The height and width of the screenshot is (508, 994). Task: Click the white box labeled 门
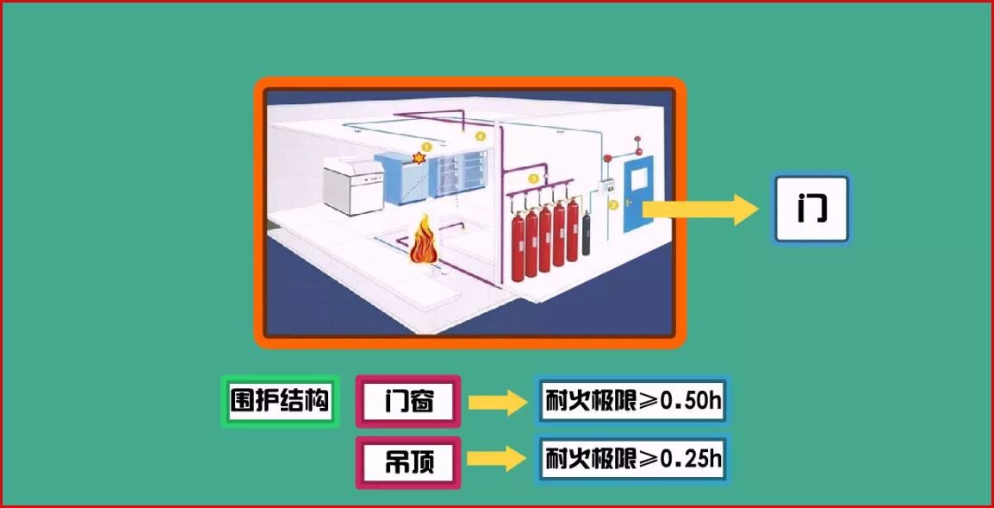[x=811, y=209]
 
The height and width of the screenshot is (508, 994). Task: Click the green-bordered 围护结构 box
[x=279, y=401]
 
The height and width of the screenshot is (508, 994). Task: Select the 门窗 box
[x=408, y=401]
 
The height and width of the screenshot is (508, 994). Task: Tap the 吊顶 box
[x=408, y=462]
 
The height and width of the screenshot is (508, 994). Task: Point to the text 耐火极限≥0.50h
[x=632, y=400]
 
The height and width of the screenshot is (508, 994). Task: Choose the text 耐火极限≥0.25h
[x=632, y=460]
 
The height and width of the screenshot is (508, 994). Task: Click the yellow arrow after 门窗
[x=497, y=402]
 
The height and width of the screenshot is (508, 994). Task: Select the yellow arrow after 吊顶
[x=497, y=460]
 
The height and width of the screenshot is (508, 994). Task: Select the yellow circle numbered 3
[x=533, y=179]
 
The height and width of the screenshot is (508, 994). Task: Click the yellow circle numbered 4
[x=481, y=136]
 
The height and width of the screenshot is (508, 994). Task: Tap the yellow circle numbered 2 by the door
[x=613, y=205]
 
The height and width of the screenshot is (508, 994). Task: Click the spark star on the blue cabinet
[x=419, y=158]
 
